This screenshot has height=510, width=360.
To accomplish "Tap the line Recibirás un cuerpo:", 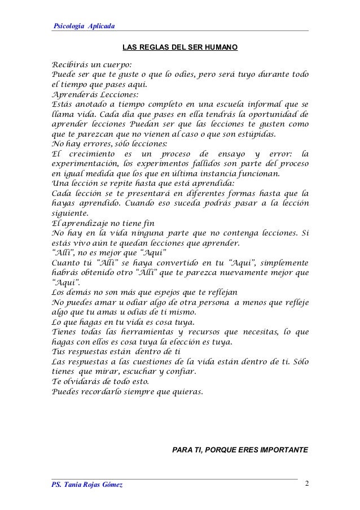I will (x=91, y=65).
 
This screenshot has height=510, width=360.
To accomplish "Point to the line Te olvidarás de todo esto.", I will (x=103, y=382).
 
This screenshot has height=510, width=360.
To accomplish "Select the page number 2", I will (x=306, y=484).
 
